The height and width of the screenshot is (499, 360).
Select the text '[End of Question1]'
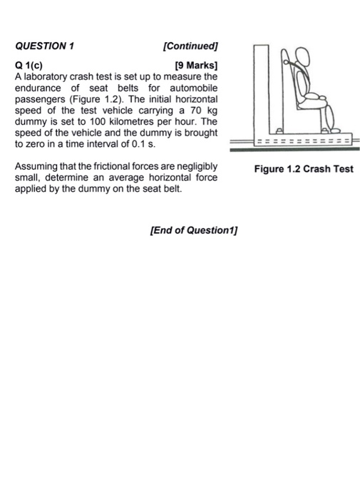(195, 231)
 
